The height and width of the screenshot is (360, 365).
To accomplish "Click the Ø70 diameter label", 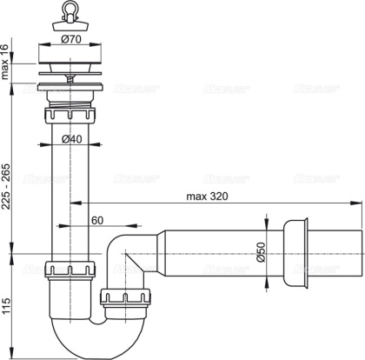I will (70, 38).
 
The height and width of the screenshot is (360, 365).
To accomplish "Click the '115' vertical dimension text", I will (8, 303).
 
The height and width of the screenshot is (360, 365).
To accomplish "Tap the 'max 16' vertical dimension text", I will (8, 63).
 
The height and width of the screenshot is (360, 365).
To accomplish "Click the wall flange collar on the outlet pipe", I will (293, 254).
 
